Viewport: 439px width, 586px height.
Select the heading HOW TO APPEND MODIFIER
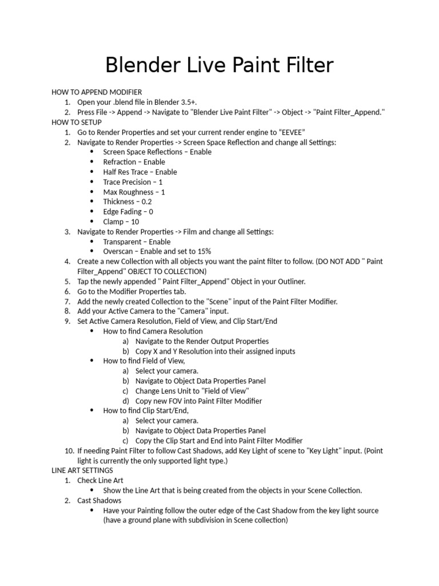pyautogui.click(x=97, y=92)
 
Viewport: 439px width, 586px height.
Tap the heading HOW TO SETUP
pyautogui.click(x=77, y=122)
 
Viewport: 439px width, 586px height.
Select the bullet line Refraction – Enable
pyautogui.click(x=134, y=162)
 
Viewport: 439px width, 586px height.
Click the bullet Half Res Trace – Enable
pyautogui.click(x=139, y=172)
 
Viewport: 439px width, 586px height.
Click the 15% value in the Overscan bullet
pyautogui.click(x=203, y=252)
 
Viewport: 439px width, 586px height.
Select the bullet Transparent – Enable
pyautogui.click(x=137, y=242)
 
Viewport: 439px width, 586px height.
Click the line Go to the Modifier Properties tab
pyautogui.click(x=139, y=291)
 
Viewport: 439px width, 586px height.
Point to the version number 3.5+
pyautogui.click(x=184, y=102)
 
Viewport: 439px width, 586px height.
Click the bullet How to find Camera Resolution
pyautogui.click(x=153, y=331)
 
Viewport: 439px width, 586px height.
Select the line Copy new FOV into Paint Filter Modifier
pyautogui.click(x=198, y=401)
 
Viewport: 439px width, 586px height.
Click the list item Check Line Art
pyautogui.click(x=100, y=481)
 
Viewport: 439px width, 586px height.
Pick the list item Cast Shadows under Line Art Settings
pyautogui.click(x=99, y=501)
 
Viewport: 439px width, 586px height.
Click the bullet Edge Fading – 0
pyautogui.click(x=128, y=212)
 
